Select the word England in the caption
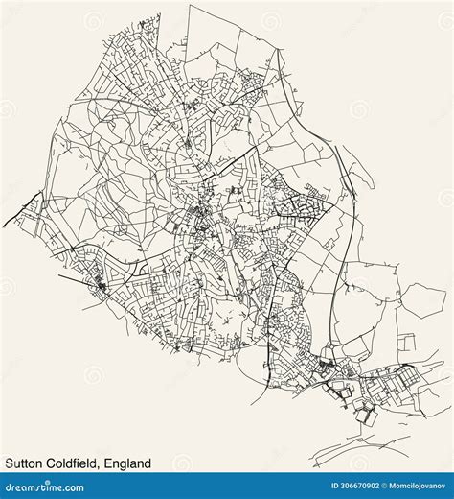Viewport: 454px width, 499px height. click(128, 463)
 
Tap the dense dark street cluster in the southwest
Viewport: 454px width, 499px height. click(101, 282)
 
